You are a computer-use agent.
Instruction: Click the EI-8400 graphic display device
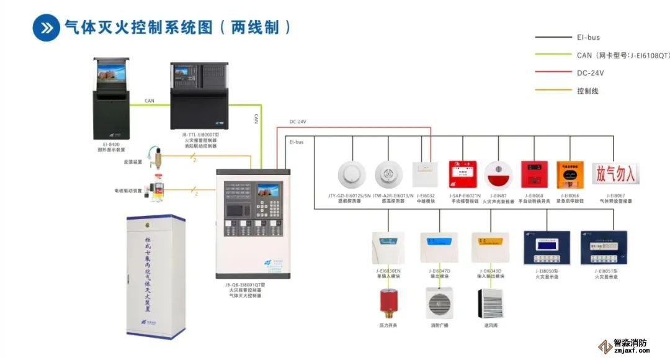click(112, 98)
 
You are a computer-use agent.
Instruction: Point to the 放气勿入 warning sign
click(616, 174)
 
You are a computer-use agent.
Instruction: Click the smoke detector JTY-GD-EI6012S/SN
click(352, 175)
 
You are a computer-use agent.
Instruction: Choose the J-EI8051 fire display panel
click(600, 248)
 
